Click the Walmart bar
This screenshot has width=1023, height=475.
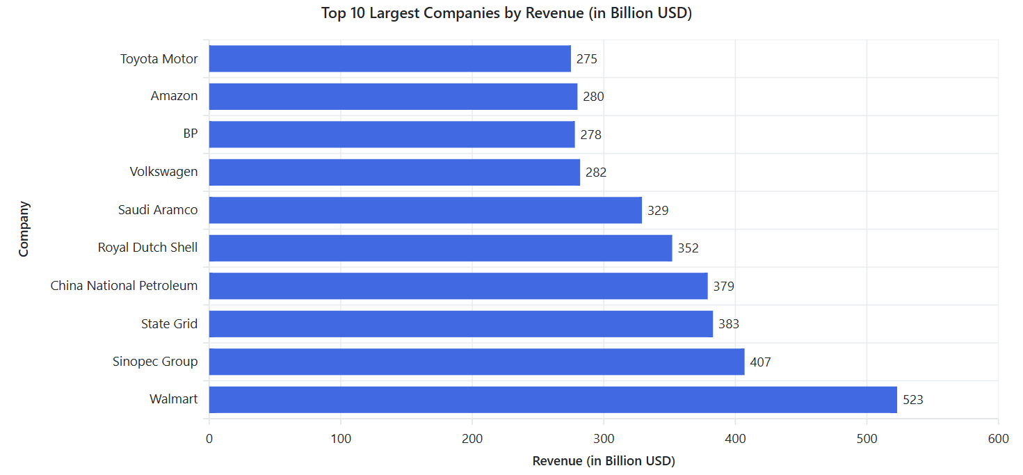point(553,400)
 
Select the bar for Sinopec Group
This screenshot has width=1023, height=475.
point(476,362)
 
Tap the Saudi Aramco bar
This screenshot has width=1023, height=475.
point(425,210)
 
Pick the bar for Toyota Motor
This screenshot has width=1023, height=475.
point(389,58)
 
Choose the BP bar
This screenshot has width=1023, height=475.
point(392,134)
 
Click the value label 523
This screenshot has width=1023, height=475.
point(912,400)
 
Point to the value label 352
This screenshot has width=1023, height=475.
point(688,248)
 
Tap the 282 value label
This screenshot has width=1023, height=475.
point(596,172)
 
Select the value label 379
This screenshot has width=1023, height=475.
point(723,286)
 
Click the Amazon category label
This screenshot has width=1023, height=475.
point(174,96)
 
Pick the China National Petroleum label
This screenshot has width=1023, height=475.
point(124,286)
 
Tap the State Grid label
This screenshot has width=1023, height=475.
point(169,324)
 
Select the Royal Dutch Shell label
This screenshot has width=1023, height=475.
point(147,248)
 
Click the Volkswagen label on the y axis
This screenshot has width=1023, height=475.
point(163,172)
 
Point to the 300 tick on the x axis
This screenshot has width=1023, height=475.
point(604,439)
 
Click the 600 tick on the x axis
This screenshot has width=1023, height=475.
point(998,439)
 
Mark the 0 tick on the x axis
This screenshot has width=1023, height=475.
point(209,439)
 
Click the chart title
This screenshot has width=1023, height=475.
point(506,13)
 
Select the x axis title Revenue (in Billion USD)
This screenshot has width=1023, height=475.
point(604,461)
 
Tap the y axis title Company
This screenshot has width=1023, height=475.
point(24,229)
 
